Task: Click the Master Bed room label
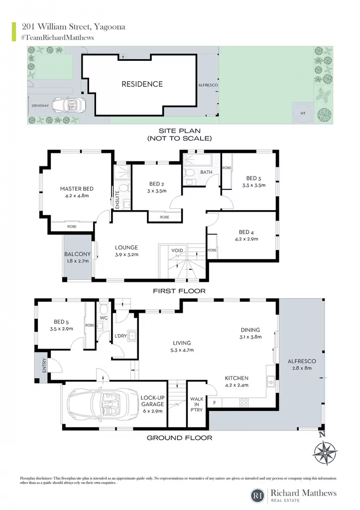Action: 77,189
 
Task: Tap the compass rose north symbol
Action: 325,452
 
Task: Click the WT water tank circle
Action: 303,113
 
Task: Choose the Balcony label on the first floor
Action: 77,254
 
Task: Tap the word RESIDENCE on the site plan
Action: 142,84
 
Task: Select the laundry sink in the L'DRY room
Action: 132,335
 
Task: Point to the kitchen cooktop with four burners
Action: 244,402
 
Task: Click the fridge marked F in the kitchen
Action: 215,402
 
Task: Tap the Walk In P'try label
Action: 196,404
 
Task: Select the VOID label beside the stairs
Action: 177,251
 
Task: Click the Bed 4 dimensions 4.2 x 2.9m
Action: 246,239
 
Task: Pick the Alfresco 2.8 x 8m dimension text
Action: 302,368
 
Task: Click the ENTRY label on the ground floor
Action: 44,365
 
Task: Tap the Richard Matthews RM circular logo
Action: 258,496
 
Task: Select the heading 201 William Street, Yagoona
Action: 74,27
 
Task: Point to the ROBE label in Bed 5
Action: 90,325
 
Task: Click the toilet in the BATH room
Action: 189,172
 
